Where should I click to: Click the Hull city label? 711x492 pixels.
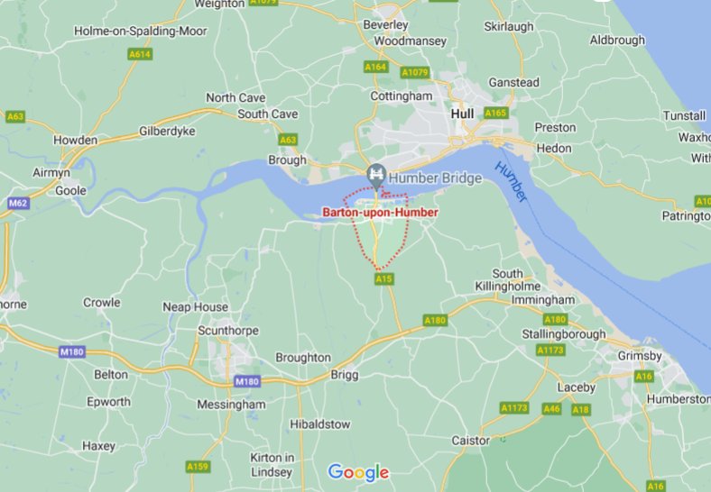(462, 114)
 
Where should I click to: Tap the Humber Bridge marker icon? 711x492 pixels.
(376, 173)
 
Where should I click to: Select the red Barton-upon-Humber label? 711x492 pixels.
(380, 213)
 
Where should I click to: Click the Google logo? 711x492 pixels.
(358, 472)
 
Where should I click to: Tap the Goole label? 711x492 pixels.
(70, 191)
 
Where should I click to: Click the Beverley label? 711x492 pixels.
(385, 24)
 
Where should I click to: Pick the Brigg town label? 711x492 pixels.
(345, 374)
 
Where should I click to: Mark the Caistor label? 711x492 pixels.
(471, 441)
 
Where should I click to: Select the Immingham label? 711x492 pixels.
(543, 299)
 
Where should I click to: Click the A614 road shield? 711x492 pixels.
(140, 54)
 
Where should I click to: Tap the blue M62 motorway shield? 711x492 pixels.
(17, 204)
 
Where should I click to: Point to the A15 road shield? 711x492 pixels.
(384, 279)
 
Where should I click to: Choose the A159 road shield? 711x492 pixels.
(198, 466)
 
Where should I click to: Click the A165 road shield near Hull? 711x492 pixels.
(495, 113)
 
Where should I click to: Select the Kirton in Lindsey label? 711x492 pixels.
(272, 465)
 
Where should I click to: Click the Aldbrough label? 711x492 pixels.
(617, 40)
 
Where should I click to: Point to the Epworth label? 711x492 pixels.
(108, 402)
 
